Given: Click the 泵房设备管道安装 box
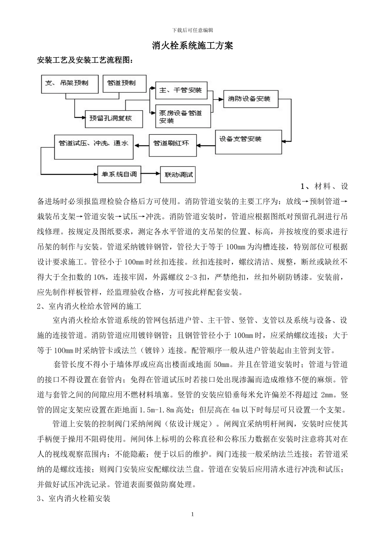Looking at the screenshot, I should coord(181,117).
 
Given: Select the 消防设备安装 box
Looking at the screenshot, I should coord(251,99).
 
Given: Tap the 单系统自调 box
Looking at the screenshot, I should coord(119,174).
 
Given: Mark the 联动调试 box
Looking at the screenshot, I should coord(178,175).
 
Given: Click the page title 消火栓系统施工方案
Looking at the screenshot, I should coord(192,45).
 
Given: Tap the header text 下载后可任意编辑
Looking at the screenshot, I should coord(192,30).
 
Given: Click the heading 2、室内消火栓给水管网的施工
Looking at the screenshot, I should coord(89,306).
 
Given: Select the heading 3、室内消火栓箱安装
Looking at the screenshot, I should coord(74,498).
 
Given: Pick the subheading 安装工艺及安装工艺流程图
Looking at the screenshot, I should coord(85,60).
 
